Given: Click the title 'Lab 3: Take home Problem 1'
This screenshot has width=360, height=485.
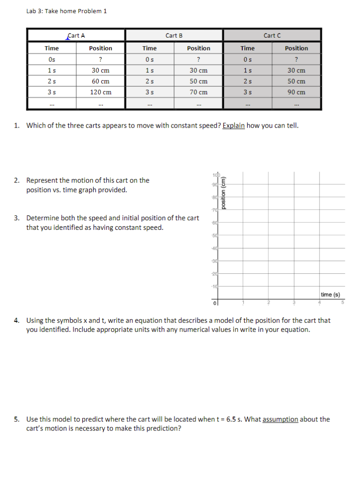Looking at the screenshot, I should (66, 11).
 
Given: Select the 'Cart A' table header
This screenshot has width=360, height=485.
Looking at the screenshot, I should (76, 35).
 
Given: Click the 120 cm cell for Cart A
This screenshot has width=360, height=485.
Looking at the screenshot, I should (100, 92).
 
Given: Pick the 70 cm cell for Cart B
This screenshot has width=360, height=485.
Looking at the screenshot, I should (199, 92).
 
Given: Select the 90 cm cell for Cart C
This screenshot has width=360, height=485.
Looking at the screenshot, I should (296, 92).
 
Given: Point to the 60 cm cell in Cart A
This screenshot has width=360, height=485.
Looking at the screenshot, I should (100, 81).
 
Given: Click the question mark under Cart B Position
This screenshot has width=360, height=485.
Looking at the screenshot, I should (199, 59).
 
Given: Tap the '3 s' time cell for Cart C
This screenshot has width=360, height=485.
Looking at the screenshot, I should (247, 92).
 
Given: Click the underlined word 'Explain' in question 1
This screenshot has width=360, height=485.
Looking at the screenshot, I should (234, 125).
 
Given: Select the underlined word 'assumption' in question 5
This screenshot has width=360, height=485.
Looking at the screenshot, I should (280, 419).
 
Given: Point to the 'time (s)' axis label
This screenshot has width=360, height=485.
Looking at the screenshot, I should (330, 295).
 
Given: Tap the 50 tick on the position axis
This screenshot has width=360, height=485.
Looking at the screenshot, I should (212, 236).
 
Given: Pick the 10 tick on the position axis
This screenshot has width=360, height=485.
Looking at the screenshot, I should (212, 286).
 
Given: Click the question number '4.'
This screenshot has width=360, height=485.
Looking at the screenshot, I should (16, 320).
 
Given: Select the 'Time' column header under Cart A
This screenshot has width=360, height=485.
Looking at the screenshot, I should (51, 48).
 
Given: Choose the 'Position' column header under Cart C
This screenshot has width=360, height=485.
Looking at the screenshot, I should (296, 48).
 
